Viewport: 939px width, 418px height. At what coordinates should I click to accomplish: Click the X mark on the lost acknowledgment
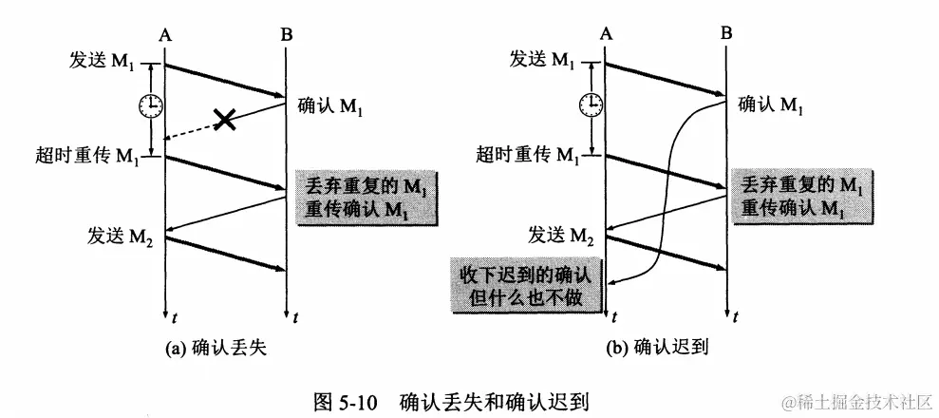click(x=224, y=119)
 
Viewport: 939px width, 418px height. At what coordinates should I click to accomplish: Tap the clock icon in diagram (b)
click(x=591, y=103)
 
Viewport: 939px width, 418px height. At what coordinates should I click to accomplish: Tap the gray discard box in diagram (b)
click(x=801, y=196)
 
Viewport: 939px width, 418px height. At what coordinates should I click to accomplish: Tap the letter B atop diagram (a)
click(x=287, y=35)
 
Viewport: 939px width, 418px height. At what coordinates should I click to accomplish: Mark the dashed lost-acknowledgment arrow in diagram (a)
click(x=195, y=130)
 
